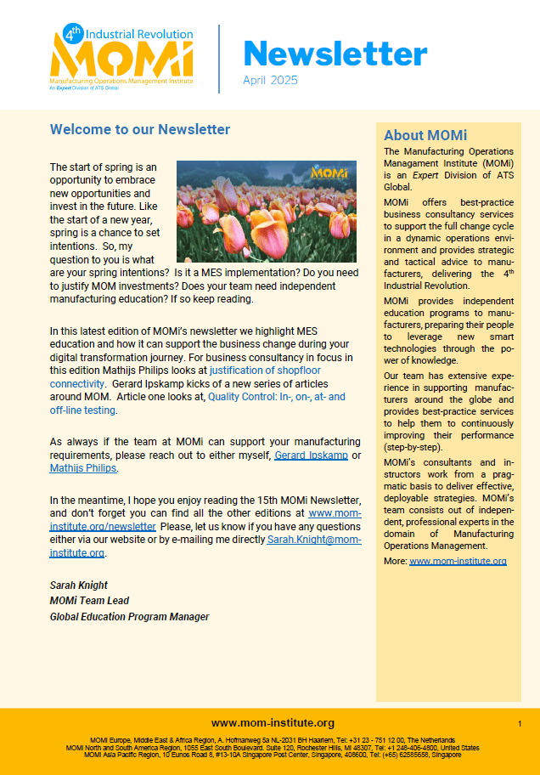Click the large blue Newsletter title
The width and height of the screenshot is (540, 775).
[x=335, y=54]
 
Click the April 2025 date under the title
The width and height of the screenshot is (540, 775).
[x=270, y=81]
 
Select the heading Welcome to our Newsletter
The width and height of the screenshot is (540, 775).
[x=140, y=130]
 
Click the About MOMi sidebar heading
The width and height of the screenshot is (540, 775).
[x=425, y=135]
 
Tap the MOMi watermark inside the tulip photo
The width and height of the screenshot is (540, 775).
[x=328, y=173]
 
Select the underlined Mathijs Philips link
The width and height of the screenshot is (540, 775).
[x=83, y=468]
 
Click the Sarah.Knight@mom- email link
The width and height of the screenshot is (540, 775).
[x=314, y=540]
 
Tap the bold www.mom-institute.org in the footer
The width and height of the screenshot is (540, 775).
[x=273, y=723]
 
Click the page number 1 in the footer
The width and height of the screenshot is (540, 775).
[x=519, y=723]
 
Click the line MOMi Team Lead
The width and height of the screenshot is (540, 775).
[x=89, y=601]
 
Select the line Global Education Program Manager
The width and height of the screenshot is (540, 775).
[x=129, y=616]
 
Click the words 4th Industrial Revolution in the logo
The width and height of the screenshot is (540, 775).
[x=140, y=34]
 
